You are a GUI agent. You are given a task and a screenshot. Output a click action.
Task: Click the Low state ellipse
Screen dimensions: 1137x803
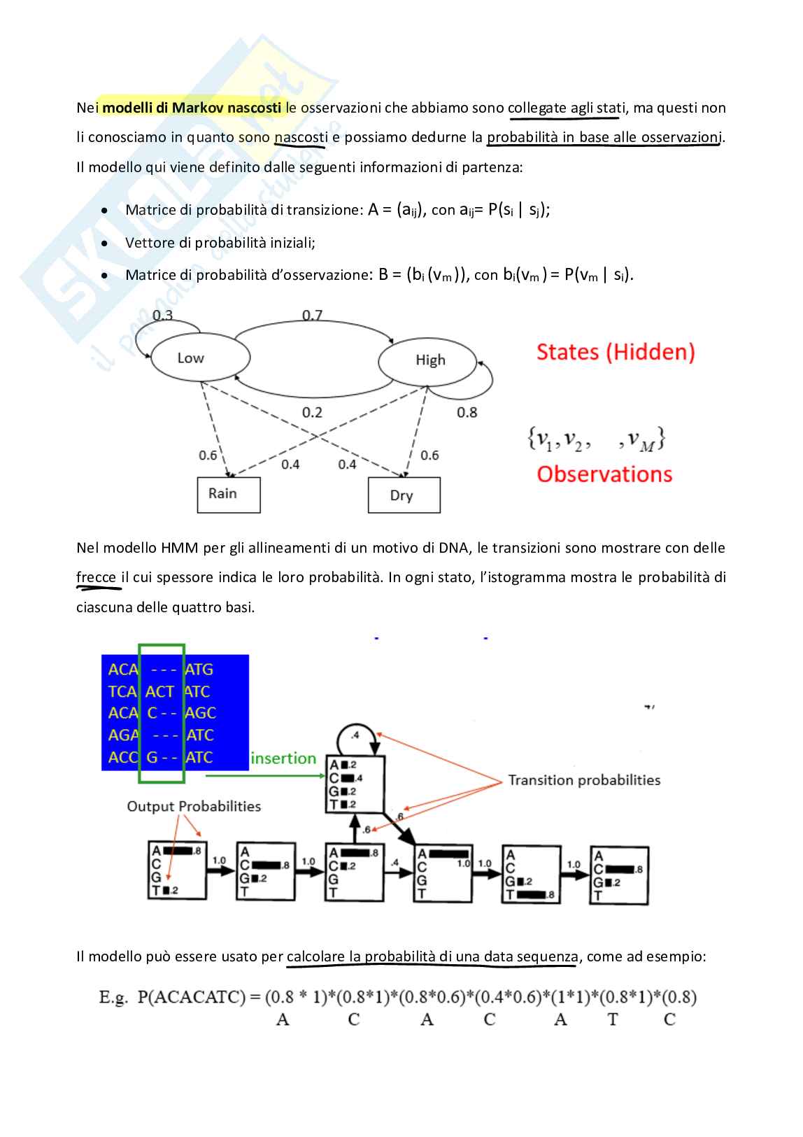click(200, 358)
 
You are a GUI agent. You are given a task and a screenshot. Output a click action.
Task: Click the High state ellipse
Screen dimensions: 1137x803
click(427, 360)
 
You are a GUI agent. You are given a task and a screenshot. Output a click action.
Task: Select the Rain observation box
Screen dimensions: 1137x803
click(228, 494)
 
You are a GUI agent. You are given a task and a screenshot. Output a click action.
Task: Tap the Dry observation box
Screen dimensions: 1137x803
click(404, 495)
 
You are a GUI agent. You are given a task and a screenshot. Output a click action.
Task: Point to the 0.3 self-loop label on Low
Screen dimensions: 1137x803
click(162, 315)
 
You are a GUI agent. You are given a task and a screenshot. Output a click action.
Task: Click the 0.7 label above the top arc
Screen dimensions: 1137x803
click(312, 315)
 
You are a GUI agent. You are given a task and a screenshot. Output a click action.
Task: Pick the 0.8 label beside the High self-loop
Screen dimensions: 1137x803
click(467, 412)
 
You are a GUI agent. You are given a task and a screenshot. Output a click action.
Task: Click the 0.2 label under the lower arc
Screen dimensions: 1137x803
click(312, 412)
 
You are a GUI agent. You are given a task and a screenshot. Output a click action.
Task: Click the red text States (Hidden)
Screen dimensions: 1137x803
click(616, 352)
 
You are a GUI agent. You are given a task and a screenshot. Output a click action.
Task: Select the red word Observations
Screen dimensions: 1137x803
click(604, 474)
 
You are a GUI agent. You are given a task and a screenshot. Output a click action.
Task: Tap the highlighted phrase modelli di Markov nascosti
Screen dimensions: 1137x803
click(192, 108)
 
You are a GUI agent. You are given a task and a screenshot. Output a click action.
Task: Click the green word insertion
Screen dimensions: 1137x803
click(283, 758)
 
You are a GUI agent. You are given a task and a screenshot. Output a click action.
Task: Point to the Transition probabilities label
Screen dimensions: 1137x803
click(584, 780)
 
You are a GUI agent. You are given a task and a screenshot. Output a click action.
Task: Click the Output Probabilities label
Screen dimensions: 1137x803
click(194, 806)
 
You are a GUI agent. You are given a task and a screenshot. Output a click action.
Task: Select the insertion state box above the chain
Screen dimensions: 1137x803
click(355, 784)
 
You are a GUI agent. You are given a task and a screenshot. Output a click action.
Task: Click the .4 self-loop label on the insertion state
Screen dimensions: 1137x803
click(355, 735)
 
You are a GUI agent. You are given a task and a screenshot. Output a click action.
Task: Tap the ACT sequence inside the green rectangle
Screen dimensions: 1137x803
click(159, 692)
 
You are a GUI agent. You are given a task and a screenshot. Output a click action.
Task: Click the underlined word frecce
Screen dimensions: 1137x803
click(96, 577)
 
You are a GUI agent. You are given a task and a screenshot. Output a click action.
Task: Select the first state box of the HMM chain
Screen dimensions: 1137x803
click(177, 870)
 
